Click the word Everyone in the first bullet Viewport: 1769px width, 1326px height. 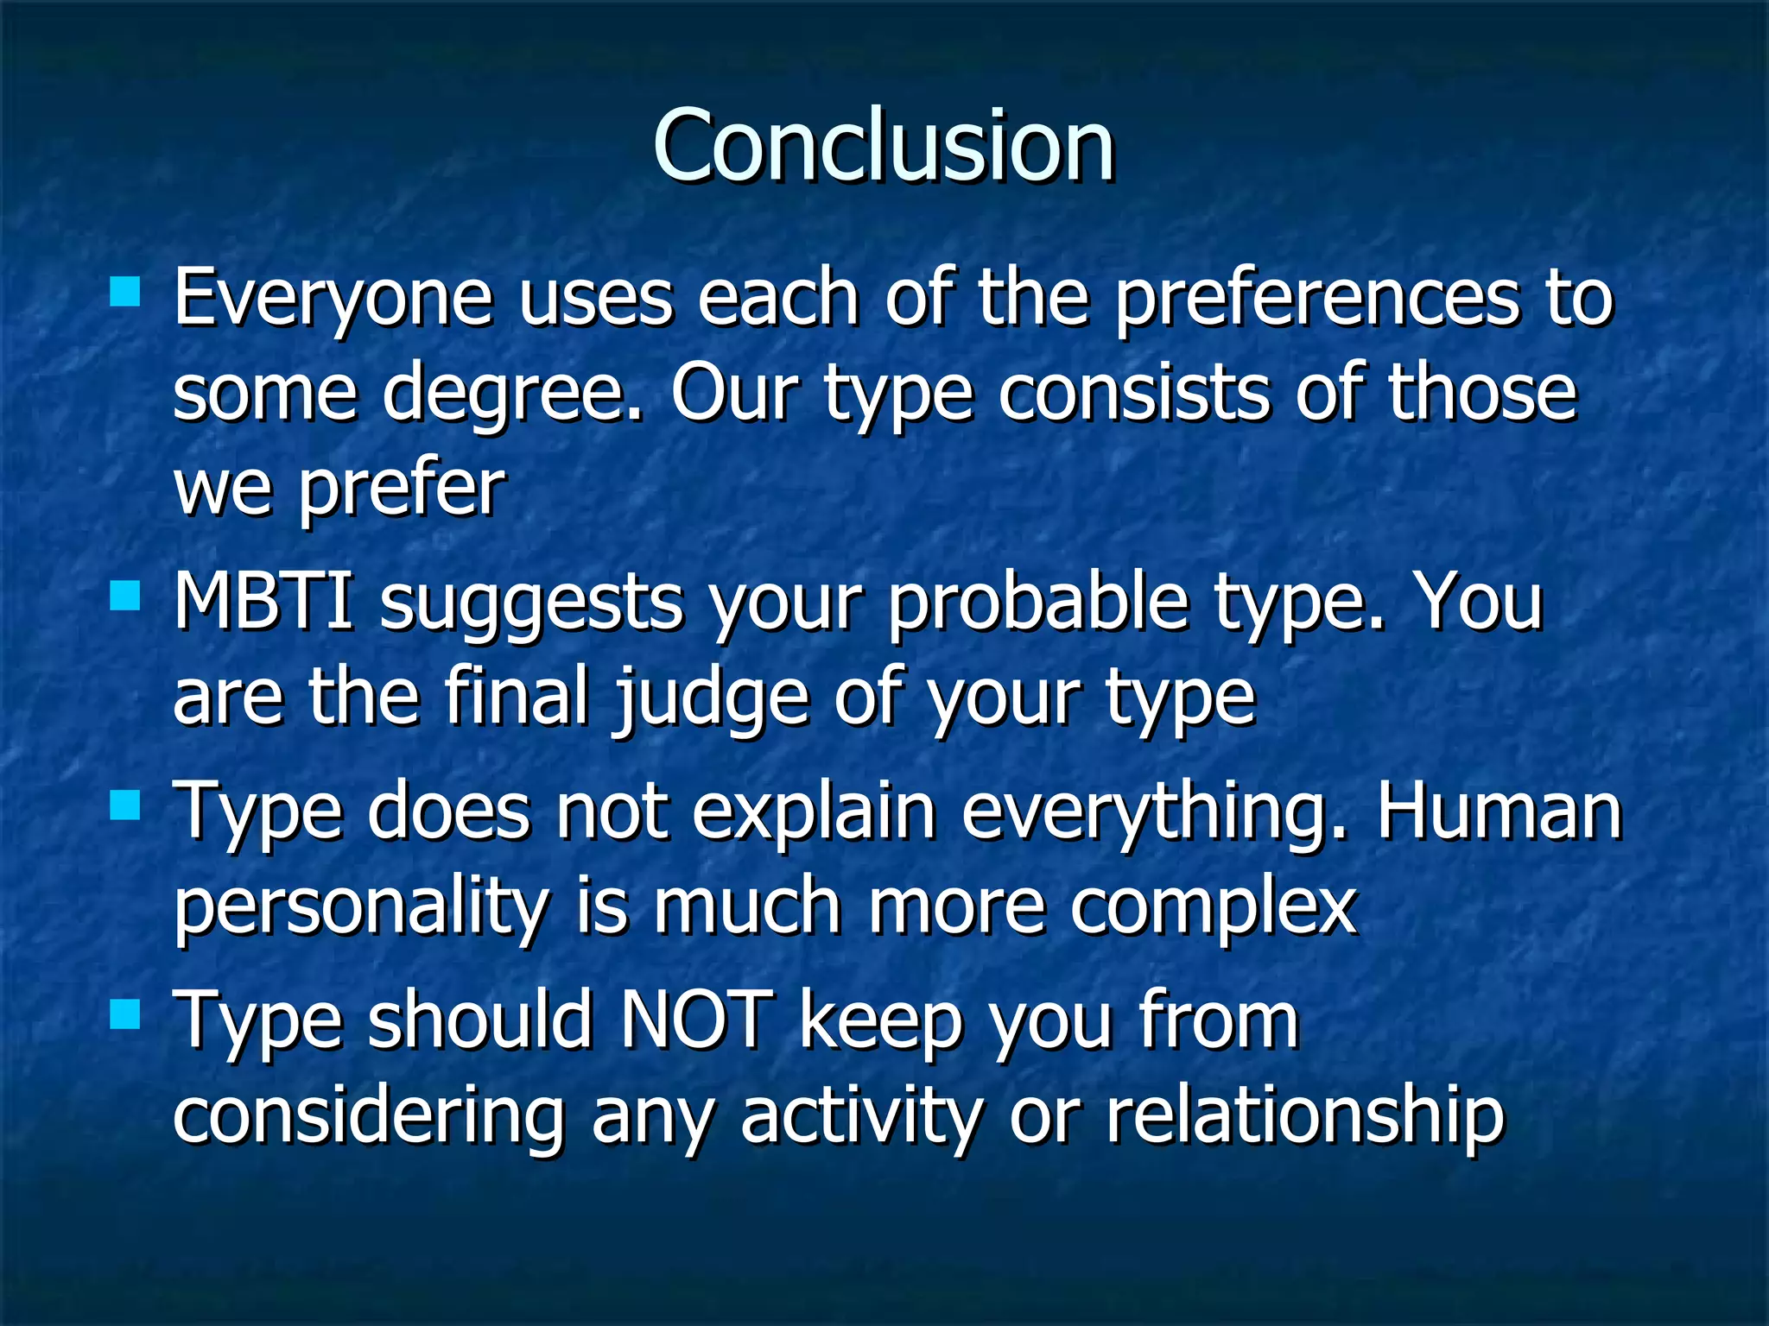(333, 299)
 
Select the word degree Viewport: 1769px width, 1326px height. (513, 395)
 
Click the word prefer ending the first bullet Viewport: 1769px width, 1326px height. (401, 490)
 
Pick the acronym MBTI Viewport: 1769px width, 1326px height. (263, 601)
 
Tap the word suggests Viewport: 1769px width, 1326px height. (531, 604)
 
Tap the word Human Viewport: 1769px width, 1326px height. (1499, 811)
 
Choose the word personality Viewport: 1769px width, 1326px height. (361, 910)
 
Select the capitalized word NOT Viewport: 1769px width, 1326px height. (696, 1019)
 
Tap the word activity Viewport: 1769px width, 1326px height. (861, 1117)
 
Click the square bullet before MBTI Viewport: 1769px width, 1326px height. (126, 595)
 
